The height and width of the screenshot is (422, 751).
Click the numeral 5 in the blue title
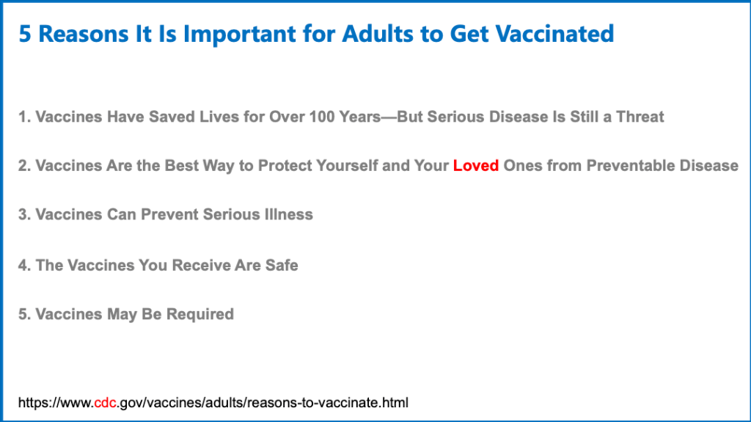click(x=25, y=34)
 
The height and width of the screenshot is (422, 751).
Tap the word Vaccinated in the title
click(x=554, y=34)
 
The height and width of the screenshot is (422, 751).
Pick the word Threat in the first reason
click(x=640, y=117)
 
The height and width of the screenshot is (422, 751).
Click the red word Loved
click(x=475, y=165)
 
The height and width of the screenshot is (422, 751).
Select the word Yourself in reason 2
click(x=347, y=165)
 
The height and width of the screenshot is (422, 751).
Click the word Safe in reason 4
click(x=282, y=265)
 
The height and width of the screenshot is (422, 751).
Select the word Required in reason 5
click(x=199, y=314)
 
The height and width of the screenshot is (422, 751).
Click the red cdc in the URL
click(x=105, y=402)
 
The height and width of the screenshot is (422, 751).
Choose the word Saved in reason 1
click(x=172, y=117)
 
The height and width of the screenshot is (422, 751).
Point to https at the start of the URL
click(x=33, y=403)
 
